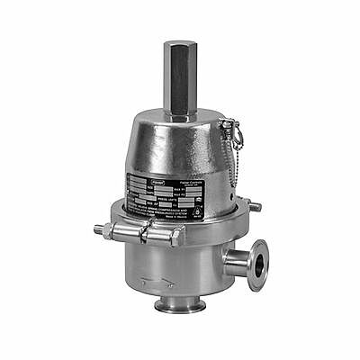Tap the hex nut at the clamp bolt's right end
point(175,238)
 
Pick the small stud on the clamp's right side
point(255,208)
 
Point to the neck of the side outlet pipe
point(237,264)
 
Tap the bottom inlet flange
point(179,306)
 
